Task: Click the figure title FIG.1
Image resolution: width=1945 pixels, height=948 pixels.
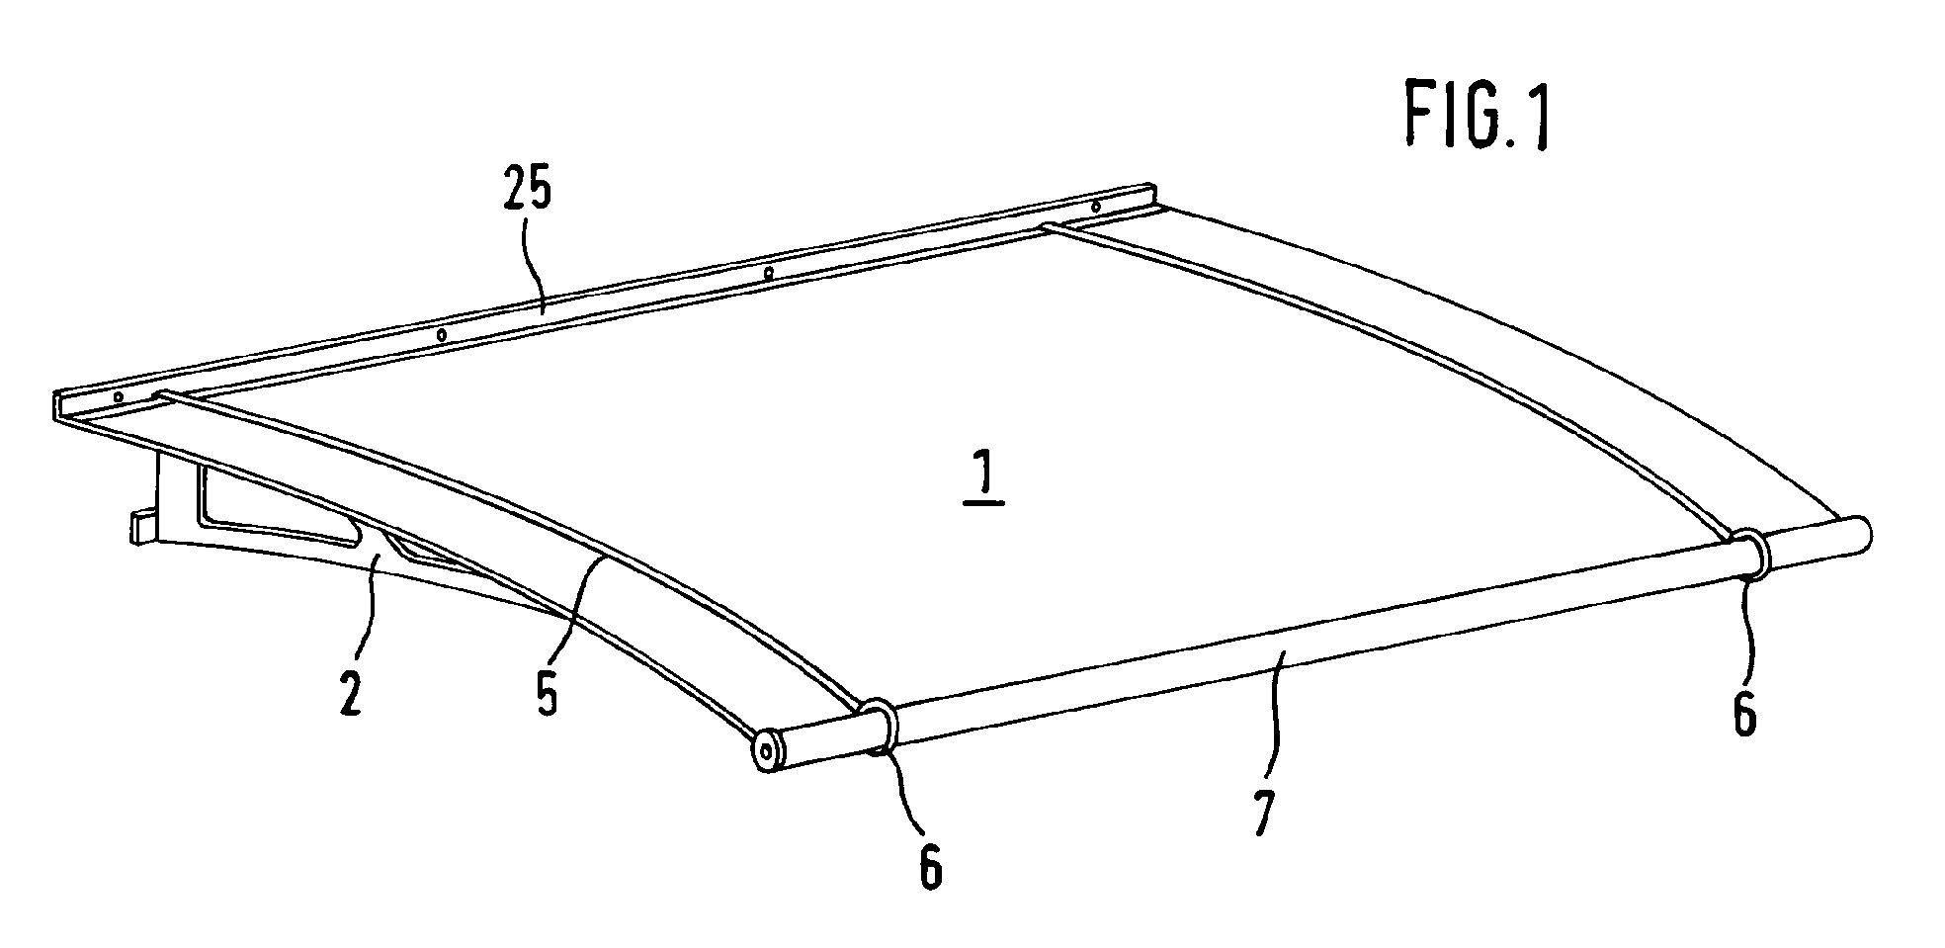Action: click(1477, 117)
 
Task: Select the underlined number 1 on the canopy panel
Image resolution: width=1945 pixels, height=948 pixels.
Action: click(983, 483)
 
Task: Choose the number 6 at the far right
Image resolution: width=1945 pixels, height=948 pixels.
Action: click(1745, 713)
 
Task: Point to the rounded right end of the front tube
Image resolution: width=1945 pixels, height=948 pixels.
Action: click(1858, 533)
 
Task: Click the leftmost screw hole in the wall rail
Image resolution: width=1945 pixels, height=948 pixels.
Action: click(119, 396)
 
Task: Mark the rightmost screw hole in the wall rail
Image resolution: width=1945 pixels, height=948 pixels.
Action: click(1095, 207)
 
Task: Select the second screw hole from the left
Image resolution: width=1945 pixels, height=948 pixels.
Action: click(442, 335)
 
